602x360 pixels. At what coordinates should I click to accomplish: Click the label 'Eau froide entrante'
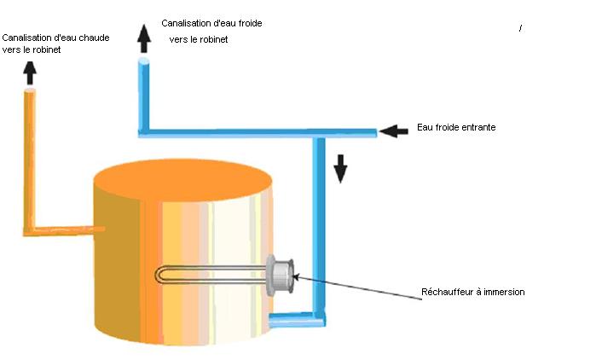click(x=456, y=127)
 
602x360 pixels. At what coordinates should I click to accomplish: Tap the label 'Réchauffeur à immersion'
click(x=472, y=292)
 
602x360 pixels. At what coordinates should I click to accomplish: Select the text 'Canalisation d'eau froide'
click(x=211, y=23)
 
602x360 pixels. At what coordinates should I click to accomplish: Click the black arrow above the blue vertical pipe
click(x=144, y=38)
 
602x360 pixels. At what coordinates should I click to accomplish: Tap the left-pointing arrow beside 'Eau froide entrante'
click(x=394, y=131)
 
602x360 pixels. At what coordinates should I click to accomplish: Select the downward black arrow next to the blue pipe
click(x=340, y=168)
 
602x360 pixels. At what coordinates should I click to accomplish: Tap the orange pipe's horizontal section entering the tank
click(x=64, y=229)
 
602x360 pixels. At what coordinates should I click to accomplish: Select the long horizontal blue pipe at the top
click(x=256, y=131)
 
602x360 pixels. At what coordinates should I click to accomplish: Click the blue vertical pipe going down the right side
click(x=320, y=222)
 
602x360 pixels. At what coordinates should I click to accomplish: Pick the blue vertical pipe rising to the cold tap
click(x=144, y=94)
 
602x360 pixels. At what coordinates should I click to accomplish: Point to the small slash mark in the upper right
click(x=520, y=29)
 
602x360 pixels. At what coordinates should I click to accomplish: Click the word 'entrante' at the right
click(x=478, y=127)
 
